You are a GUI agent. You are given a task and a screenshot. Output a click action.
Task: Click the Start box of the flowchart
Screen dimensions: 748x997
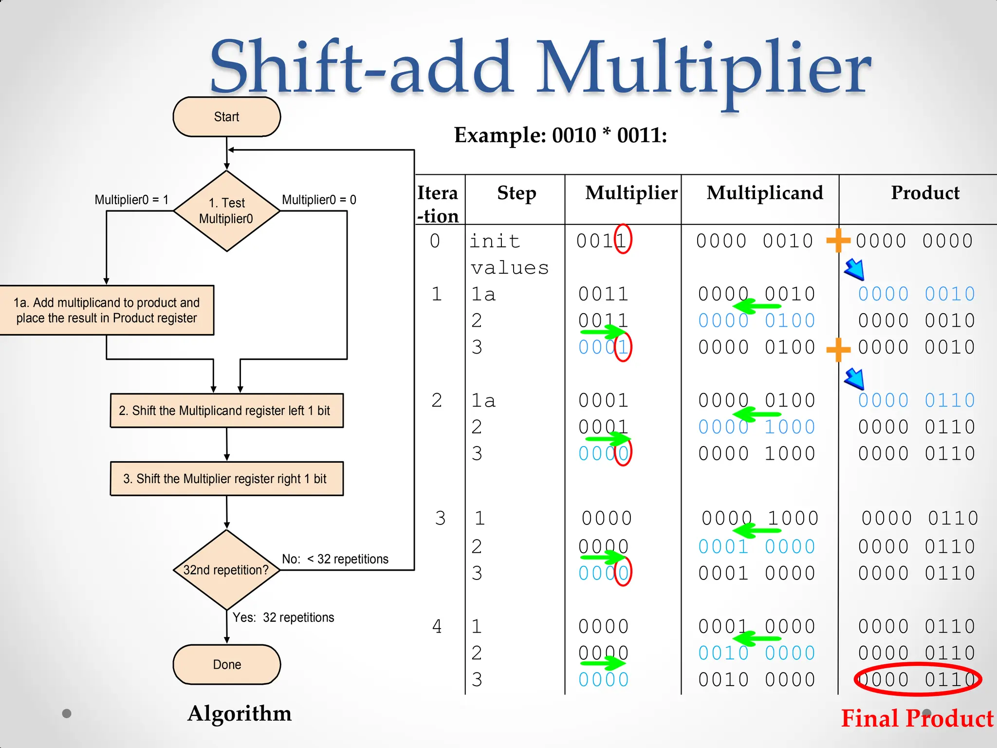point(226,117)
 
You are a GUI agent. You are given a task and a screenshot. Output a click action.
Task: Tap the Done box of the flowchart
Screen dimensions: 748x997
point(226,664)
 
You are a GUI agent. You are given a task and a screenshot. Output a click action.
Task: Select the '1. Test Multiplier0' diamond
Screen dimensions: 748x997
point(226,211)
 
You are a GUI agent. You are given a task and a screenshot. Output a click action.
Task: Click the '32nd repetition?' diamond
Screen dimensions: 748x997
point(226,570)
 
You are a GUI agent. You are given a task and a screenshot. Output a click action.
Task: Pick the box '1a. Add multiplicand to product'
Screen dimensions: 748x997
point(106,310)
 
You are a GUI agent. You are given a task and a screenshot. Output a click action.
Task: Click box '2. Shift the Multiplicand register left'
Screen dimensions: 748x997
point(226,411)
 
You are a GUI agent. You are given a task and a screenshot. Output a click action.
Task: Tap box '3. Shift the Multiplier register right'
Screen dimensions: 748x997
point(226,479)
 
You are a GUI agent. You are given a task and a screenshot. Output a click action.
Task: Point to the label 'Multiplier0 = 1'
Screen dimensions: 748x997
point(131,200)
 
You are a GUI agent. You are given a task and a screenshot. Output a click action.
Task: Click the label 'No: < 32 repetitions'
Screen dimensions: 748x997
point(335,559)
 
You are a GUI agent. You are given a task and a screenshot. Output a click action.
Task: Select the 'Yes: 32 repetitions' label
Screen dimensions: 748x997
point(283,617)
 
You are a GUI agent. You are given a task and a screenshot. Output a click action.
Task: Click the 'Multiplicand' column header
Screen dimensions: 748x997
point(764,193)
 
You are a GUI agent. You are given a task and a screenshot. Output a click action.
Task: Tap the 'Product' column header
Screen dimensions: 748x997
point(925,193)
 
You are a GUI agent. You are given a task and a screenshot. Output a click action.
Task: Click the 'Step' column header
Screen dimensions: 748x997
point(516,193)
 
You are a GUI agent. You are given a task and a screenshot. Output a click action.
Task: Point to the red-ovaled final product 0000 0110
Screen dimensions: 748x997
point(917,679)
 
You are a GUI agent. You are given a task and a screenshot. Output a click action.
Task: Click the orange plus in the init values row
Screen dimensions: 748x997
point(838,241)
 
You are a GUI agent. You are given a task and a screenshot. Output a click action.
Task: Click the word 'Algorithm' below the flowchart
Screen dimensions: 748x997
point(240,713)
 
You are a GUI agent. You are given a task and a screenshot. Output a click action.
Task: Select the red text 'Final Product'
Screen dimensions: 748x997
point(917,719)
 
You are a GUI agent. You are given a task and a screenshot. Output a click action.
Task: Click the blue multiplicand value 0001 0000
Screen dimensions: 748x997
point(757,547)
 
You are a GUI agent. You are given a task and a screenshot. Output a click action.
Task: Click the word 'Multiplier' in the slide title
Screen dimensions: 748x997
point(703,68)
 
